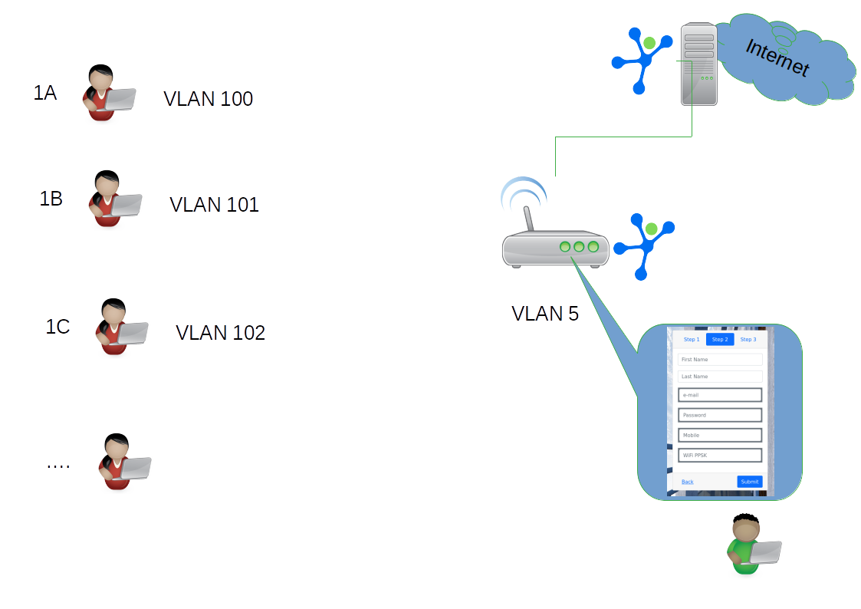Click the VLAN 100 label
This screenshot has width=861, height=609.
208,99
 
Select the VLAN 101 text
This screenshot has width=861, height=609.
214,205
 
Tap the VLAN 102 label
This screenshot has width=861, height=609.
220,333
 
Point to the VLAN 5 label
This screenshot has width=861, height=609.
545,314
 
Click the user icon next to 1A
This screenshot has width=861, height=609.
108,94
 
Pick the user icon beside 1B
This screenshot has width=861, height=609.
114,199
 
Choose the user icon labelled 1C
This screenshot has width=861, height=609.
121,328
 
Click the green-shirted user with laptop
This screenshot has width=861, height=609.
752,545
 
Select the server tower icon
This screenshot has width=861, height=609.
698,64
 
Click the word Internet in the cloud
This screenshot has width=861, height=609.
777,58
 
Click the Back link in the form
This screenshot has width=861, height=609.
688,482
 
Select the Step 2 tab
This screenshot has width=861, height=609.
720,339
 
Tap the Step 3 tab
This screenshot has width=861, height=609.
748,339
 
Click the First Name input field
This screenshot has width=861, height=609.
720,359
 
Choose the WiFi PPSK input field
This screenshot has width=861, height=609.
720,455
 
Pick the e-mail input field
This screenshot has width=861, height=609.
720,395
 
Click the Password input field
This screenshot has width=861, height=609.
720,415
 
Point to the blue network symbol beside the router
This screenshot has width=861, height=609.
646,244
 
